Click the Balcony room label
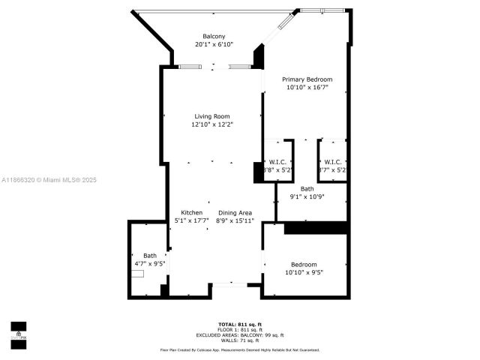[214, 37]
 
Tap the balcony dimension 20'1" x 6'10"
[214, 45]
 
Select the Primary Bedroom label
[307, 79]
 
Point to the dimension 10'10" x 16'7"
[307, 88]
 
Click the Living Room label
[212, 116]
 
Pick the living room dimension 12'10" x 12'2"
[212, 124]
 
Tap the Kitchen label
[192, 212]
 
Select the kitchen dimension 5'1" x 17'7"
[192, 220]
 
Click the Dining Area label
[235, 212]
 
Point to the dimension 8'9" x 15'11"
[235, 220]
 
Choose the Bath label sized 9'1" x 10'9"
[307, 189]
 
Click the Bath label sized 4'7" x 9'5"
[150, 256]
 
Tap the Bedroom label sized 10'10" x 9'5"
[304, 264]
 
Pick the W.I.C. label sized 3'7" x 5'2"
[332, 162]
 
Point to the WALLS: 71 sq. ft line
[239, 340]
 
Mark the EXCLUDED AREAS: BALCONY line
[239, 334]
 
